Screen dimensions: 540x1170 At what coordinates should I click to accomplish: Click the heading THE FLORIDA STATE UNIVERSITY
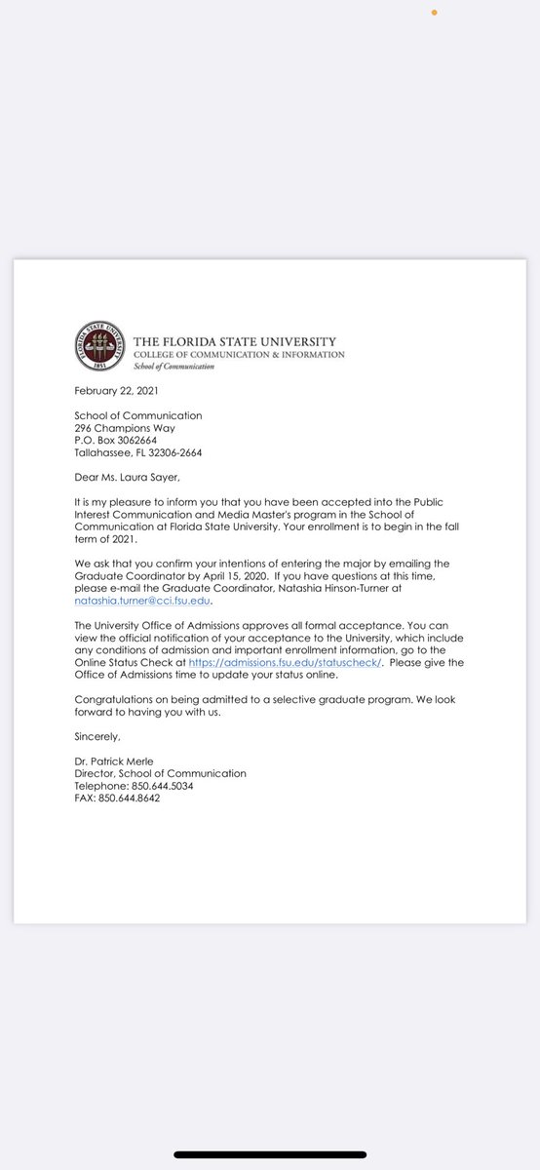[x=234, y=342]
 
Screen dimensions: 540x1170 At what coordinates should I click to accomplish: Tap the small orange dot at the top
[x=435, y=13]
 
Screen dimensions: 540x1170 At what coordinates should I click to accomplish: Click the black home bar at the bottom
[x=270, y=1154]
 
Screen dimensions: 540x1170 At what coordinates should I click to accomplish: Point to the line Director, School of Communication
[x=161, y=773]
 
